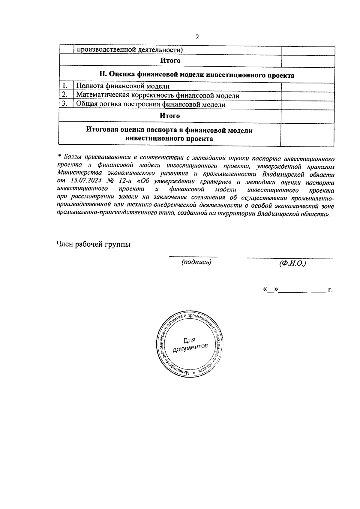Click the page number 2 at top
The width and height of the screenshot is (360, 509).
[197, 37]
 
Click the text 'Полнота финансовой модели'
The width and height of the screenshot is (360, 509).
[123, 86]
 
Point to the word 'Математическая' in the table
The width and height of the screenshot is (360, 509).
[101, 95]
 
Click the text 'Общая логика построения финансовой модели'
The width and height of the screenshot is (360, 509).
[151, 104]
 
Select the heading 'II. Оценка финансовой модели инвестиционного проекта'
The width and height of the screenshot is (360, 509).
[197, 75]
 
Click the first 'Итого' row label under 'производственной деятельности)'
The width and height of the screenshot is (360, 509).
[170, 61]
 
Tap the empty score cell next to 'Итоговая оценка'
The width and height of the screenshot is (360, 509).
[307, 135]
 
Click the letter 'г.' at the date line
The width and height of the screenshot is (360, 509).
[331, 290]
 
